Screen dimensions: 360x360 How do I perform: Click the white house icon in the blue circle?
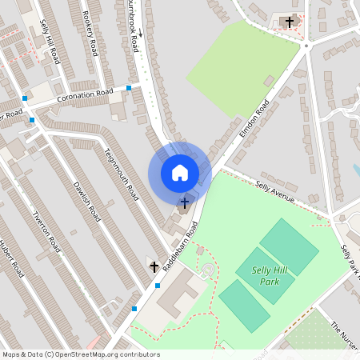coord(180,172)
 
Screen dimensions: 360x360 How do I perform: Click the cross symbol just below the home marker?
coord(186,202)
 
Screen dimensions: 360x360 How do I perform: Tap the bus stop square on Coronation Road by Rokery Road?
coord(129,88)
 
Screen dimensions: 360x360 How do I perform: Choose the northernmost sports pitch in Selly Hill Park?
coord(289,246)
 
